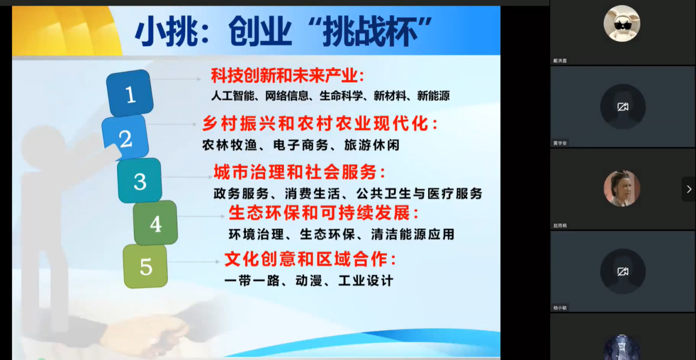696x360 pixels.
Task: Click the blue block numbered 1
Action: [x=130, y=93]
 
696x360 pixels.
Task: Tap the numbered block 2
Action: [x=125, y=137]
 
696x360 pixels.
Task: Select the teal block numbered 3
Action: [x=140, y=180]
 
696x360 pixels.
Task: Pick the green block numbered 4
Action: [x=156, y=223]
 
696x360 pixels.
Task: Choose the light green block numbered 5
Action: [x=146, y=266]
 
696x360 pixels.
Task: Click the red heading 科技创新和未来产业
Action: [x=284, y=75]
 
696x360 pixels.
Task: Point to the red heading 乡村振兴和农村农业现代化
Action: [x=316, y=124]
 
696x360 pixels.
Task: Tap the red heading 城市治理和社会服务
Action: [x=295, y=172]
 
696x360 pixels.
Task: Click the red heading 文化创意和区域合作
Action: [x=306, y=259]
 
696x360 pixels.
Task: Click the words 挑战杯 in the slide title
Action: [x=370, y=32]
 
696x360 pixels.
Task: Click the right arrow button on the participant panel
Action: [x=689, y=189]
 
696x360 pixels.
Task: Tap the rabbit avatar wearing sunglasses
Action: [x=622, y=23]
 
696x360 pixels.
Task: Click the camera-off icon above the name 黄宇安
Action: [x=623, y=107]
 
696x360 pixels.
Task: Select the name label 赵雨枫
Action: [x=560, y=225]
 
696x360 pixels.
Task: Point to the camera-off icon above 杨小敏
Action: [x=623, y=272]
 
